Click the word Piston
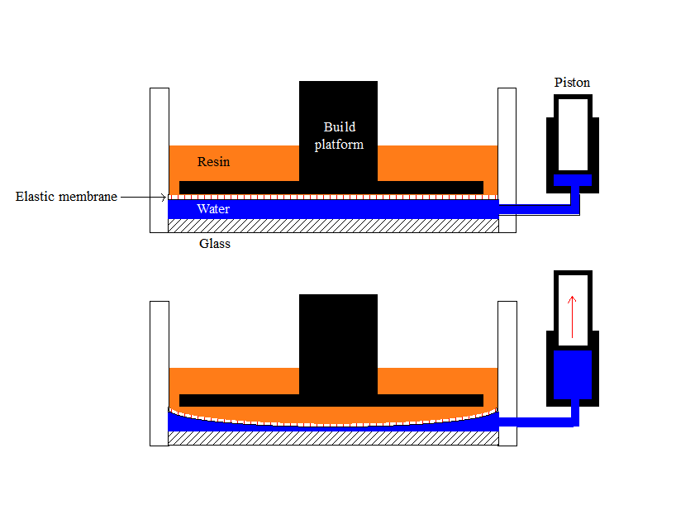[x=572, y=83]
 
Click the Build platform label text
[x=339, y=136]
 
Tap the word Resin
[x=213, y=161]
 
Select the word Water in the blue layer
[x=212, y=209]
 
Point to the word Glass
[x=215, y=244]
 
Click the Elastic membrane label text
[x=66, y=197]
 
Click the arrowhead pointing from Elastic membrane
[x=163, y=197]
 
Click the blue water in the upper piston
[x=572, y=180]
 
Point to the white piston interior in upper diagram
[x=572, y=132]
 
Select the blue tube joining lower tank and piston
[x=537, y=422]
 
